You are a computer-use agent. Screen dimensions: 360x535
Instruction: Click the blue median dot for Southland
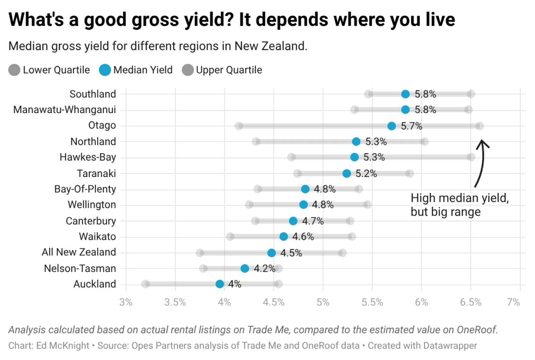405,94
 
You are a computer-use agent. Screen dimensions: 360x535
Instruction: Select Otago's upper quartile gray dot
480,126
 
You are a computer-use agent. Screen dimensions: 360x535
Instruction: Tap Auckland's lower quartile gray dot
145,284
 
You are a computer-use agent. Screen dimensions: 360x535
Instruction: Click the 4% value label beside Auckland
235,284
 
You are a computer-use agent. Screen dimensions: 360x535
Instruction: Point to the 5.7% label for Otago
411,126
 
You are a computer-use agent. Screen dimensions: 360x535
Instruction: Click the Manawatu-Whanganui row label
64,110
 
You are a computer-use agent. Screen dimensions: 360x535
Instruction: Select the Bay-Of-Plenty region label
85,189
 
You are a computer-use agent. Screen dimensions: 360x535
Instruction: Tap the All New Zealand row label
79,252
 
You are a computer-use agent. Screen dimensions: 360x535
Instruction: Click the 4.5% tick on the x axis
274,302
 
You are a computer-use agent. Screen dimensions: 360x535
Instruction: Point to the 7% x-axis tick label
513,302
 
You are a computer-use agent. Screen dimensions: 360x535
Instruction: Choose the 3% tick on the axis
126,302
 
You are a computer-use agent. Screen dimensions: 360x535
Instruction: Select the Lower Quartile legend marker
14,70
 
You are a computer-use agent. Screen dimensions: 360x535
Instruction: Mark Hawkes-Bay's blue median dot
355,157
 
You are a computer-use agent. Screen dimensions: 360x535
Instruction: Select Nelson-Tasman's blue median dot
245,268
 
